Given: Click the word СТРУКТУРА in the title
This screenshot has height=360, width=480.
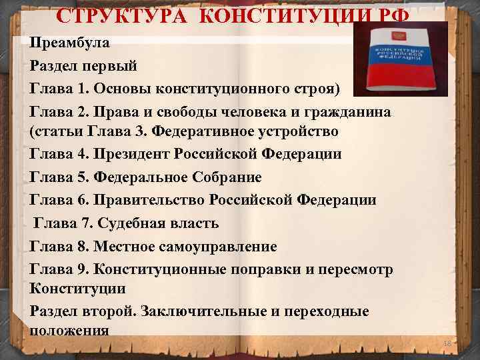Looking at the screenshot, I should pyautogui.click(x=104, y=15).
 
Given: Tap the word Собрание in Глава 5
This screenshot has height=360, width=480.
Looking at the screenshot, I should pyautogui.click(x=227, y=177).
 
